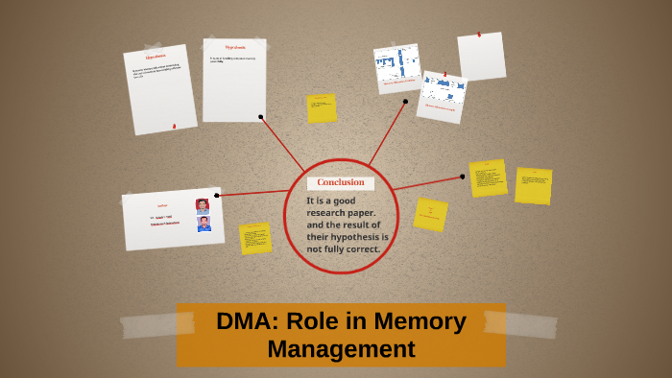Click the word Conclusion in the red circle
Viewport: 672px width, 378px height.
click(x=341, y=182)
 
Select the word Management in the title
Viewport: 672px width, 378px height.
click(x=341, y=349)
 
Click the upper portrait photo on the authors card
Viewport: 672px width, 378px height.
click(x=203, y=205)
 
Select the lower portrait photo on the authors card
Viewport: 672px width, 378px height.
click(x=204, y=224)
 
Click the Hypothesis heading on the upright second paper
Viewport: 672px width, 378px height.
click(x=235, y=47)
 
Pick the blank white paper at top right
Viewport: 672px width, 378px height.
click(x=481, y=57)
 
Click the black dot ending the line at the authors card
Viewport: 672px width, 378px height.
click(x=217, y=196)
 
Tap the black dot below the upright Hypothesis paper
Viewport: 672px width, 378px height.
click(x=260, y=117)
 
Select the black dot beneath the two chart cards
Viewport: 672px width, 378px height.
click(x=405, y=101)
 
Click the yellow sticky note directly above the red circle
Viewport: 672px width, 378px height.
click(x=322, y=108)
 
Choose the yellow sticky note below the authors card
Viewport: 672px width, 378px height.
click(x=255, y=238)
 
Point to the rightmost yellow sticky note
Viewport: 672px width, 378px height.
click(x=533, y=186)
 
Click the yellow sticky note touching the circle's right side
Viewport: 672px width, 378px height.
click(x=430, y=214)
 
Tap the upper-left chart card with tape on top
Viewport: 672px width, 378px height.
click(x=396, y=68)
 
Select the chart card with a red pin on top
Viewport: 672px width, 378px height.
click(x=443, y=97)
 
